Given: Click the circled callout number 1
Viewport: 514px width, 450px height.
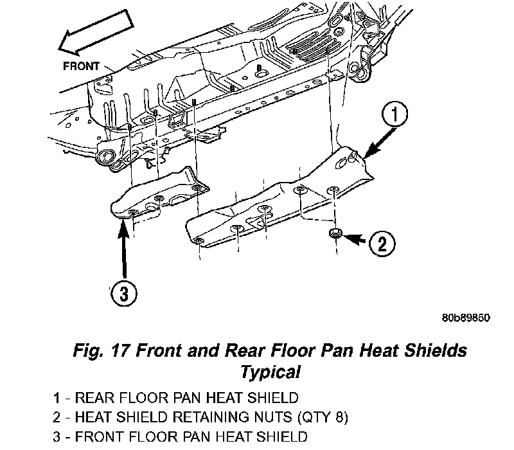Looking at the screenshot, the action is point(394,114).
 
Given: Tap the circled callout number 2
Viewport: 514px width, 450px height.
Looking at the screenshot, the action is point(382,244).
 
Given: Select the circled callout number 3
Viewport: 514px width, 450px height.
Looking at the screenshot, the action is point(123,294).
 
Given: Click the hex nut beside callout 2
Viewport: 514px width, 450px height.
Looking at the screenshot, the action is point(335,233).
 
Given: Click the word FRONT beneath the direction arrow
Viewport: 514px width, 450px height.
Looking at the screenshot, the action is point(81,66).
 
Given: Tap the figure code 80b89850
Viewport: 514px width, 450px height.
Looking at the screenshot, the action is point(466,318).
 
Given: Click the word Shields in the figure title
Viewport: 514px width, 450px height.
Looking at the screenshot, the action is point(436,350).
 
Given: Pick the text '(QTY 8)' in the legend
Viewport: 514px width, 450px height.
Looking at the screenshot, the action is point(323,417).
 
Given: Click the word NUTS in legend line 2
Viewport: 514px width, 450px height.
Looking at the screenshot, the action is point(272,417).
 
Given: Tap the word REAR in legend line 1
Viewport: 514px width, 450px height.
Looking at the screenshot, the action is point(94,398).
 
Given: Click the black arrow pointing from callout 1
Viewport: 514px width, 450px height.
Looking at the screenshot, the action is point(380,143).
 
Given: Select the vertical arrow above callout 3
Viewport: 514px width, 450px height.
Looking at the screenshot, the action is point(123,250).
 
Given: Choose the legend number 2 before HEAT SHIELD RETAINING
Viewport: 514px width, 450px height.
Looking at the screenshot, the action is point(57,417).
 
